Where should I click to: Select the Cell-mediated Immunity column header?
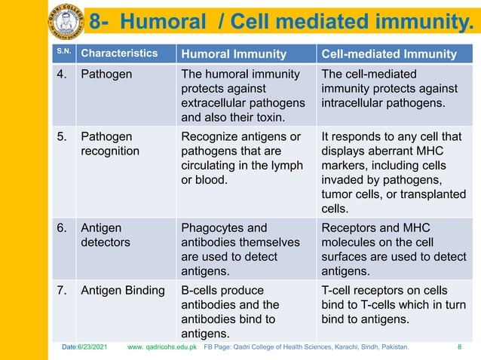(x=389, y=53)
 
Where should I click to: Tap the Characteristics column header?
(x=119, y=53)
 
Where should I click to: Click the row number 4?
(x=62, y=75)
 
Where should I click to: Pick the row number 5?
(x=62, y=137)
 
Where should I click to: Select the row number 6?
(x=62, y=228)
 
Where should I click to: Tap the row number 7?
(x=62, y=291)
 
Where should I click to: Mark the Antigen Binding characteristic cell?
(x=123, y=291)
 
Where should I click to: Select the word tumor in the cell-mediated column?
(x=336, y=194)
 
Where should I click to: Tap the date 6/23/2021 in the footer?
(x=88, y=347)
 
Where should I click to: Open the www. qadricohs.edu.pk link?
(x=162, y=347)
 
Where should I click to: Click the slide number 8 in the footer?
(x=460, y=347)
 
